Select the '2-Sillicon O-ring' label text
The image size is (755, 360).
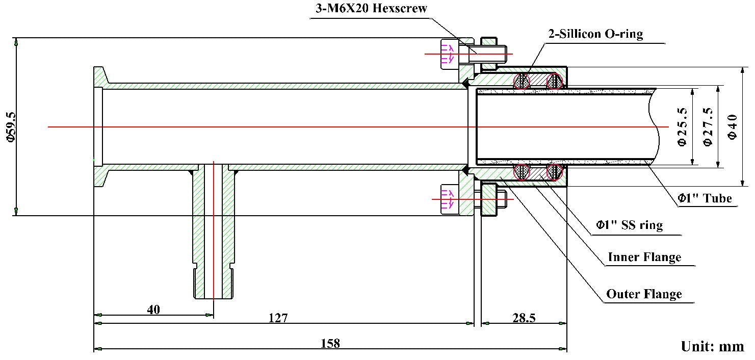click(x=595, y=35)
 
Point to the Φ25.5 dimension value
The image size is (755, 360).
click(x=682, y=127)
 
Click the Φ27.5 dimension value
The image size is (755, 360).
click(x=707, y=127)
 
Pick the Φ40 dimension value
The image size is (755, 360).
click(x=733, y=127)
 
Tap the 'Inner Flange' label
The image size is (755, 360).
click(x=644, y=257)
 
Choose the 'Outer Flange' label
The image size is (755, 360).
click(x=644, y=294)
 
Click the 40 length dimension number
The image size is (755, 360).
click(x=153, y=310)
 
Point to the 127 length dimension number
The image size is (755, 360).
click(x=278, y=318)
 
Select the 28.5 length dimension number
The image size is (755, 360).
click(x=524, y=318)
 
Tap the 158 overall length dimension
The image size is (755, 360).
click(x=330, y=343)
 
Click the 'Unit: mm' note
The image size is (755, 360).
click(x=712, y=347)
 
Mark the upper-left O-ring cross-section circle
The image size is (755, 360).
click(x=522, y=81)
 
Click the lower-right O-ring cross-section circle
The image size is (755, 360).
click(x=555, y=172)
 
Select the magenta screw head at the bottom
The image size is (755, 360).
click(x=448, y=199)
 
